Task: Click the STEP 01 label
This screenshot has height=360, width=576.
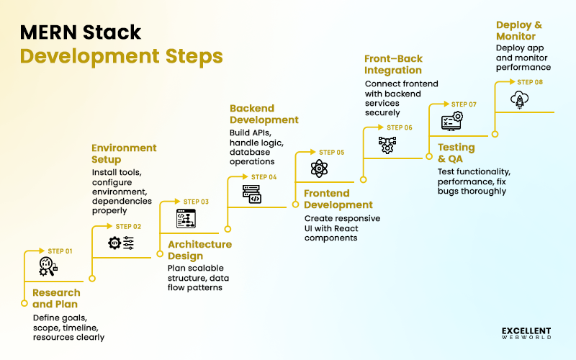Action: [60, 251]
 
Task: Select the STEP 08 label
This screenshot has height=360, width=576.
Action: [530, 82]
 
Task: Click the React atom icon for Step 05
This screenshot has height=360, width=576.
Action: [319, 168]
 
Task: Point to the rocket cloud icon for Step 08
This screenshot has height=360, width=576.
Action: [518, 99]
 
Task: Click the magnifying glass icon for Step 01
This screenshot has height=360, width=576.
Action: [48, 267]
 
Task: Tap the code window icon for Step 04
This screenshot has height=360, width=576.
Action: [251, 194]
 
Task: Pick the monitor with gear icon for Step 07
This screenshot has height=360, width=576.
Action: [451, 120]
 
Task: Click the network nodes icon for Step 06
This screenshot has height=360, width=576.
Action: [387, 145]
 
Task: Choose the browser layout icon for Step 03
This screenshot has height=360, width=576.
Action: [186, 218]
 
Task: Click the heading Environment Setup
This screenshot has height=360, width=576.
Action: [124, 153]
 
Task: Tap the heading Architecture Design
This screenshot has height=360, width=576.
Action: [199, 250]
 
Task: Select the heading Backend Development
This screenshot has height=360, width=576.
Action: [264, 114]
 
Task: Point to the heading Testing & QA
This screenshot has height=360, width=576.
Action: [456, 153]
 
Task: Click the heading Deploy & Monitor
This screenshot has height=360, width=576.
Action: [519, 30]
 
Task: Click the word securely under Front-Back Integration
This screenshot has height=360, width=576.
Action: [382, 112]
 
